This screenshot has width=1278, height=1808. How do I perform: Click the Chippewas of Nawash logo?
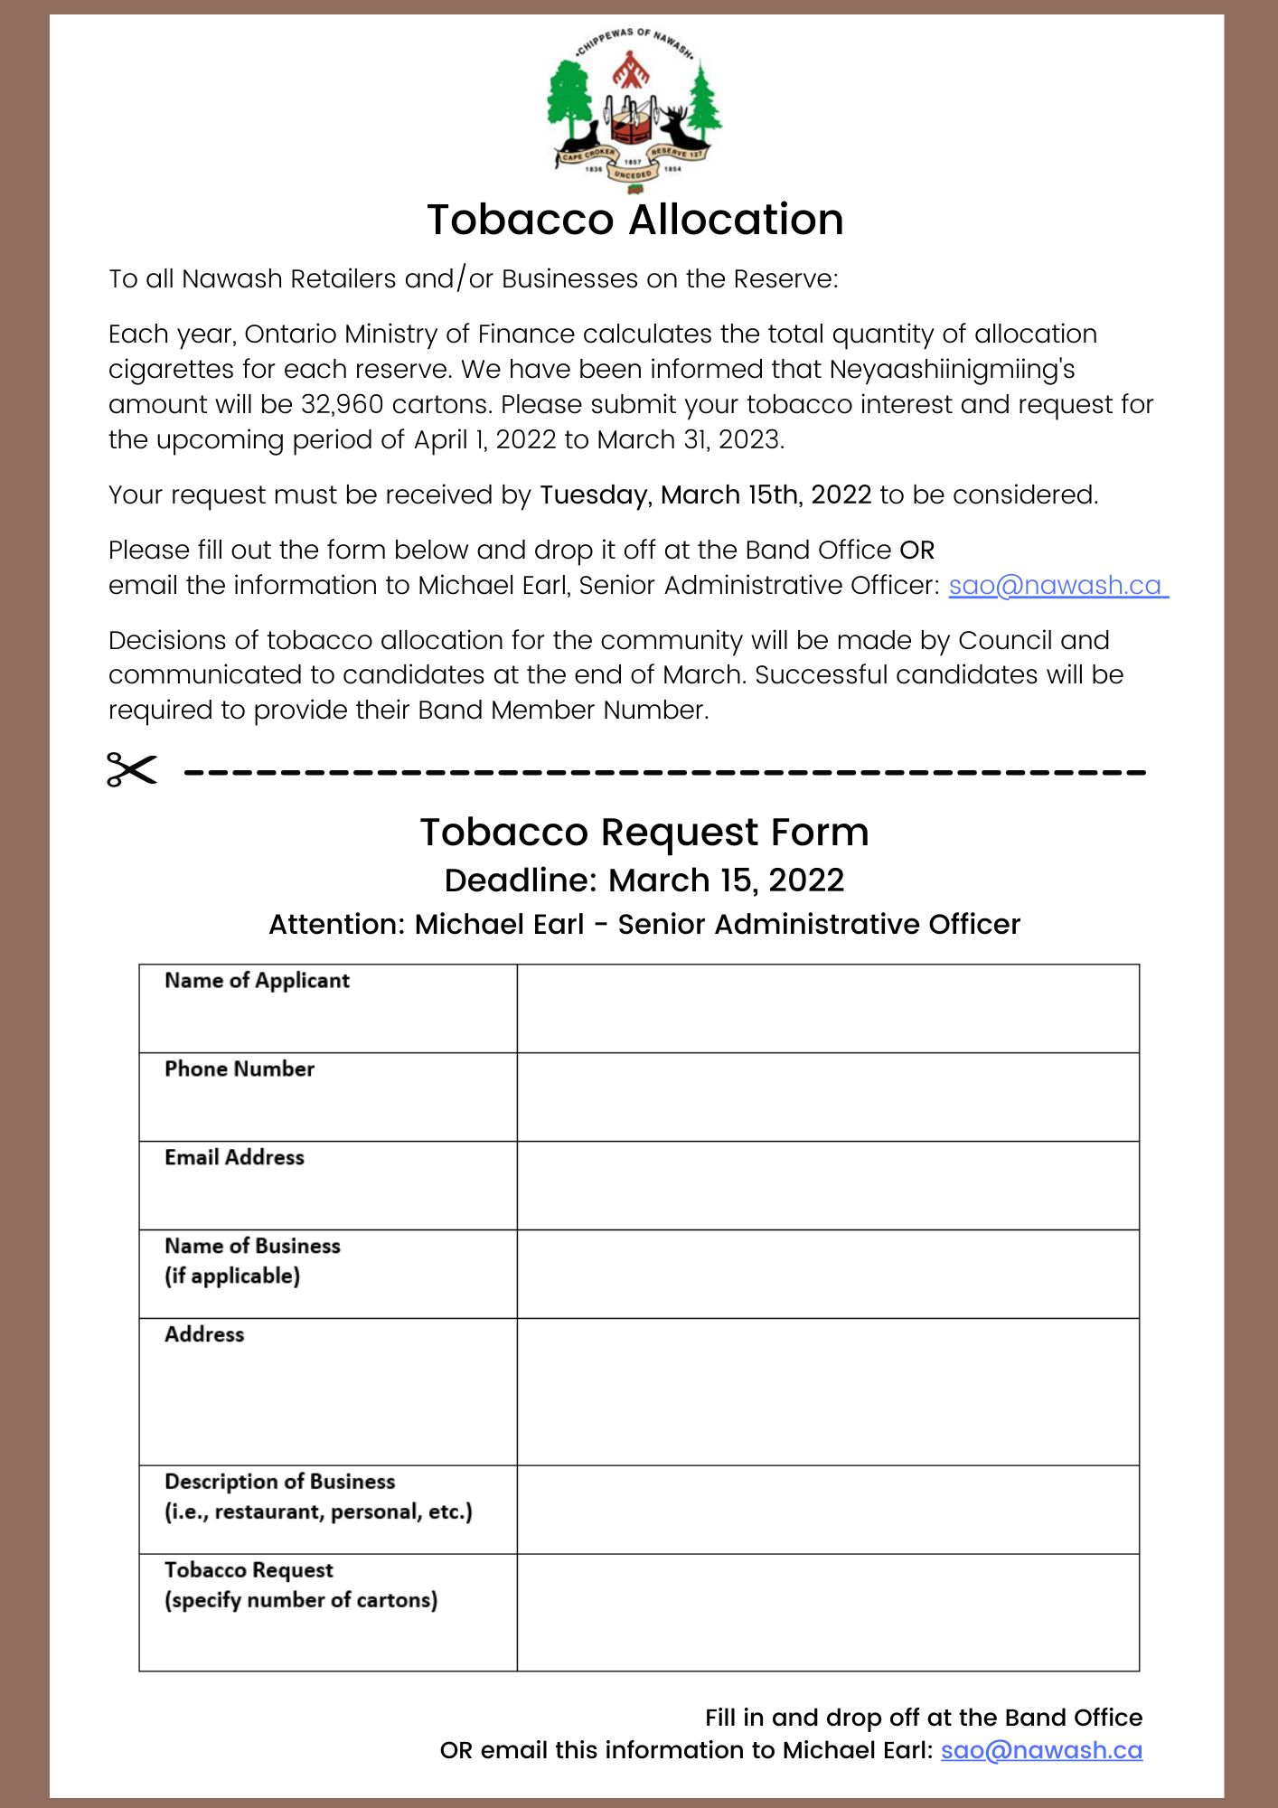pos(634,110)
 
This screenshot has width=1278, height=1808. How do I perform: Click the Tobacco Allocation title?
pos(635,220)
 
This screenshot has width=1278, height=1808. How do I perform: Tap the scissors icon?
pos(132,769)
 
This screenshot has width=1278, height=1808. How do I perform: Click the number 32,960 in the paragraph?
pos(343,404)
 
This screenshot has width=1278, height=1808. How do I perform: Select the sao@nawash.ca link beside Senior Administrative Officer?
pos(1055,585)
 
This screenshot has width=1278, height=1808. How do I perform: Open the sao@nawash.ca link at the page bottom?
pos(1041,1750)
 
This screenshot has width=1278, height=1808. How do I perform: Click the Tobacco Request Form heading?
pos(644,832)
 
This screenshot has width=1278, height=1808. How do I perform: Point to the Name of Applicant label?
pos(257,981)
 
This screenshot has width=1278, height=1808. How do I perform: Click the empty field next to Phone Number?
pos(827,1097)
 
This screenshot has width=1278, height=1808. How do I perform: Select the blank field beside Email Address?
pos(827,1185)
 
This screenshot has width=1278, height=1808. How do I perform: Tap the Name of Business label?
pos(252,1246)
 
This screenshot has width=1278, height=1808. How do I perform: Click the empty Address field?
pos(827,1391)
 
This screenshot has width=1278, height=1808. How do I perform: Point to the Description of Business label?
pos(280,1482)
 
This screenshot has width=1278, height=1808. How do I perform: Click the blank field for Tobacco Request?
pos(827,1612)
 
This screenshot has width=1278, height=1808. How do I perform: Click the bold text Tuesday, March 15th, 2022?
pos(705,494)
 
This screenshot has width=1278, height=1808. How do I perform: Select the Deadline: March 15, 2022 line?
pos(644,880)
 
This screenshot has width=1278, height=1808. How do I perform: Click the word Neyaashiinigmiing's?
pos(952,369)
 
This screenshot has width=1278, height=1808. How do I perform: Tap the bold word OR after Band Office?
pos(916,550)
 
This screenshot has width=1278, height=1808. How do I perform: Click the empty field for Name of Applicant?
pos(827,1008)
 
